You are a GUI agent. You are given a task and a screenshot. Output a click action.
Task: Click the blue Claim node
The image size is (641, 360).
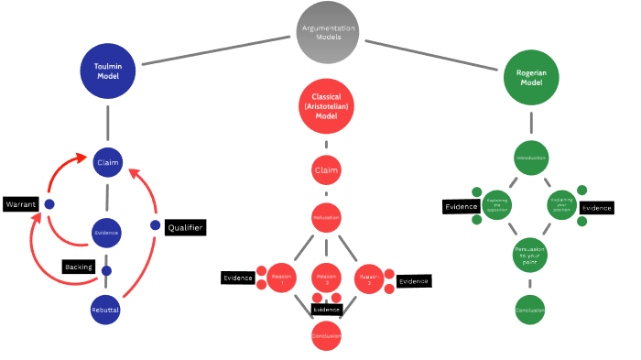(108, 163)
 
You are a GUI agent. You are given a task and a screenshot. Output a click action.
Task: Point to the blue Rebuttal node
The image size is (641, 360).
(106, 310)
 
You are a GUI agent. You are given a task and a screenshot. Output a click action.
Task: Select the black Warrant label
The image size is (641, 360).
(20, 203)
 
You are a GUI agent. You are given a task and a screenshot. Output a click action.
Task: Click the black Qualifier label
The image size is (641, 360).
(184, 227)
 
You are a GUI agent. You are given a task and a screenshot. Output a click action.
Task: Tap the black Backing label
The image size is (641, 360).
(78, 267)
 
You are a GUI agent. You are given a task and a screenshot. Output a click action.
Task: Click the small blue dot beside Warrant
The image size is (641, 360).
(49, 203)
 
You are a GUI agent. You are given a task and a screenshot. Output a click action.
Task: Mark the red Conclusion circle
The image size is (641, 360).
(327, 336)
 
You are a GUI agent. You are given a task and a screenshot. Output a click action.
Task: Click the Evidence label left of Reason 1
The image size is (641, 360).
(237, 278)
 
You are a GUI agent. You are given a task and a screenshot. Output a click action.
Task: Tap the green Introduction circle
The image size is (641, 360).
(531, 158)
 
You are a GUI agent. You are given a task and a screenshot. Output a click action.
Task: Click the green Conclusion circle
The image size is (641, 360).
(531, 310)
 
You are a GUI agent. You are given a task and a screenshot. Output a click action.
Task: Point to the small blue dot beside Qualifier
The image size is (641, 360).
(155, 225)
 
